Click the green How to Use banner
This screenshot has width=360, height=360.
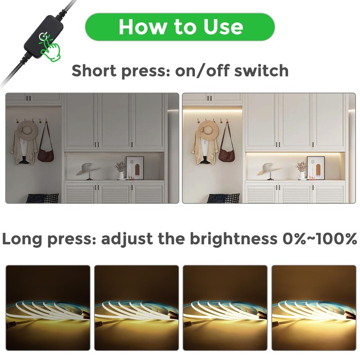(180, 27)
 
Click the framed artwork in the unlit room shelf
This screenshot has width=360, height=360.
(135, 167)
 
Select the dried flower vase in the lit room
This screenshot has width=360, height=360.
(301, 170)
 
